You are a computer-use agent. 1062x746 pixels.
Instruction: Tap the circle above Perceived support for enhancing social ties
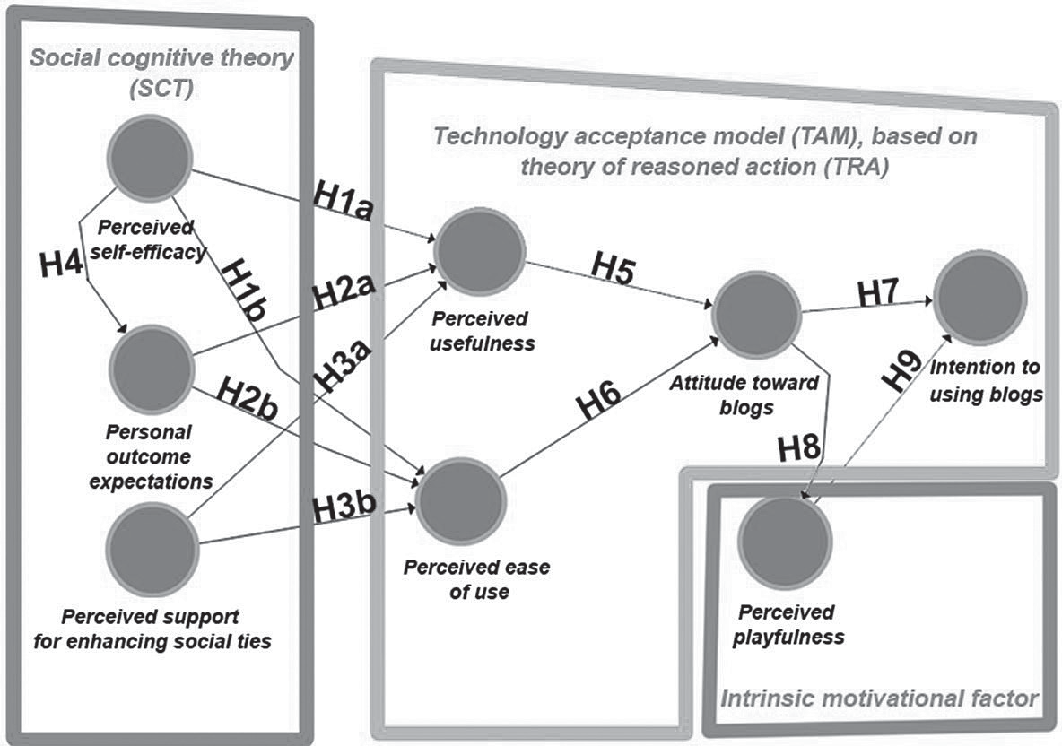click(x=152, y=549)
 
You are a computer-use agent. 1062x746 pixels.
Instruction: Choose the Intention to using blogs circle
click(x=979, y=297)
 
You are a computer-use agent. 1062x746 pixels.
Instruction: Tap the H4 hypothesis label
click(x=62, y=265)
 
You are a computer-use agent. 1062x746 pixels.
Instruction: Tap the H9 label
click(x=905, y=369)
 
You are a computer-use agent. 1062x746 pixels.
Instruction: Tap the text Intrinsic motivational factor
click(x=880, y=697)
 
